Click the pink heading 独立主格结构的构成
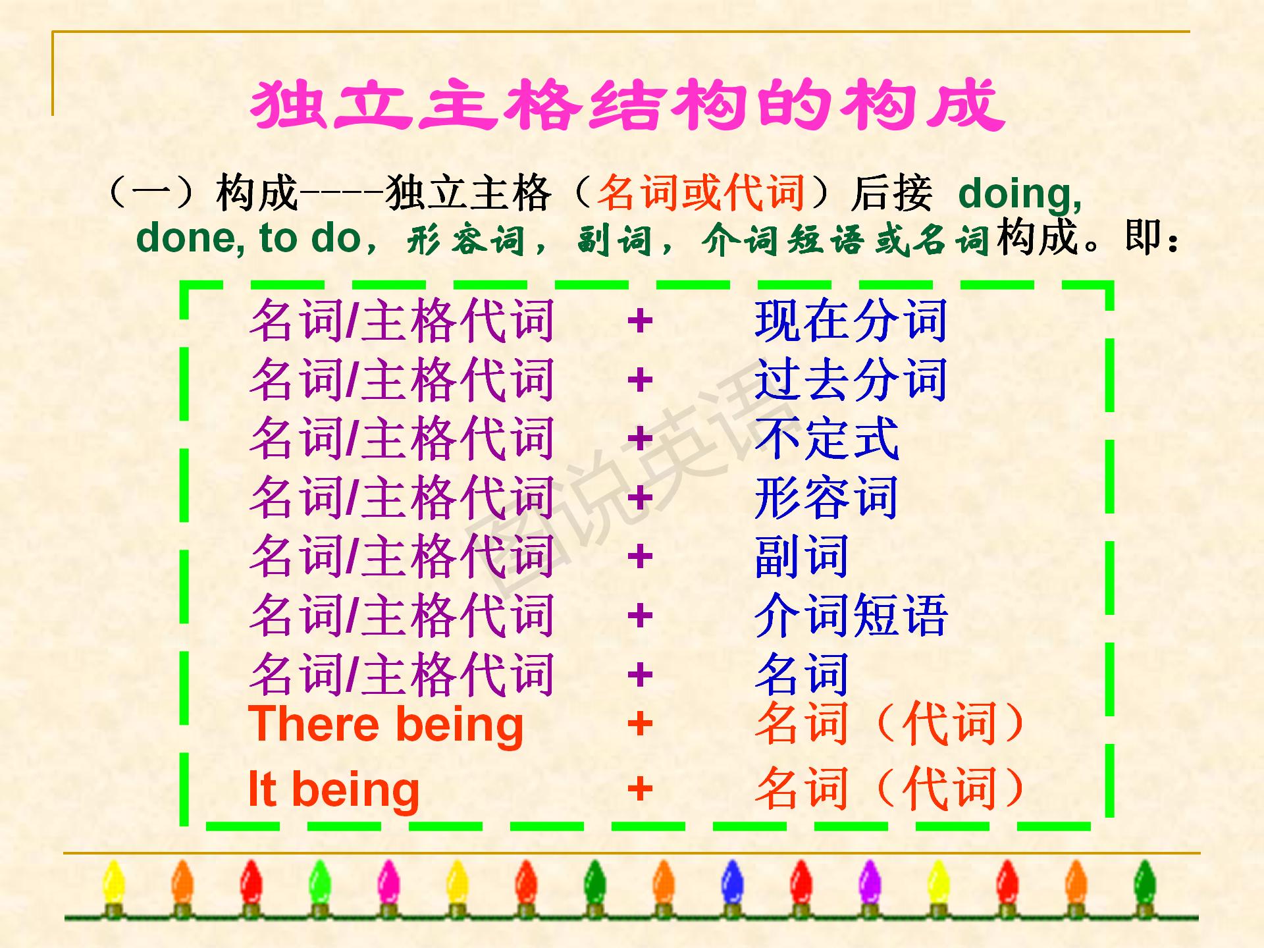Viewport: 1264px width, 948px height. [627, 105]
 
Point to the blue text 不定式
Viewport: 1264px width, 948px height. [826, 438]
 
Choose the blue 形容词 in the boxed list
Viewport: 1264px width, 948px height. [826, 498]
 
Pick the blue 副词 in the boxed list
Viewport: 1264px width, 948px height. [801, 556]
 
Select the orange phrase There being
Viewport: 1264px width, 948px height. [385, 724]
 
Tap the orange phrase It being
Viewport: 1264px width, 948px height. [333, 789]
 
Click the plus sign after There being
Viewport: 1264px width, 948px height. [639, 724]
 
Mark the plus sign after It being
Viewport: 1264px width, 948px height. [639, 789]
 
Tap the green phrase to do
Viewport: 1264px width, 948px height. [309, 238]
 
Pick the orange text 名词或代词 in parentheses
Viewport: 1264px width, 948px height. [701, 193]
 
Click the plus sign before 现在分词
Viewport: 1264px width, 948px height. [639, 321]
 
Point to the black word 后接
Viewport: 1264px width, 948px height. [891, 193]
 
